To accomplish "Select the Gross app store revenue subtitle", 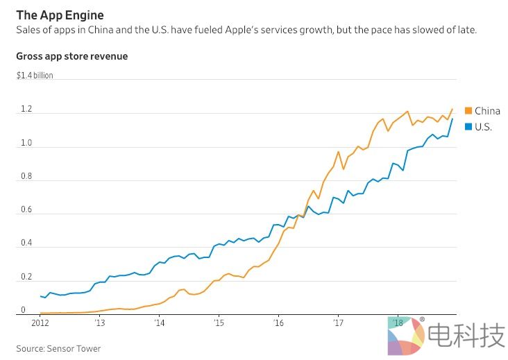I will coord(72,56).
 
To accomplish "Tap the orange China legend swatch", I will coord(468,111).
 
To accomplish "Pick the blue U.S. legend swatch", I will coord(468,127).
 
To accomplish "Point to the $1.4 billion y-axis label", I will coord(35,76).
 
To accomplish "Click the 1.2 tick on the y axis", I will coord(26,110).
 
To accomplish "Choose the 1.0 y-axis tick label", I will coord(26,144).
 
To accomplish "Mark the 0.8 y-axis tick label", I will coord(26,176).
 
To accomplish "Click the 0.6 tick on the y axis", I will coord(26,209).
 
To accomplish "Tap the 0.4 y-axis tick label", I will coord(26,243).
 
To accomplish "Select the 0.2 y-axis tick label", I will coord(26,277).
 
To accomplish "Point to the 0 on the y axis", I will coord(23,310).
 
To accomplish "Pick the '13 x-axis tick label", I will coord(100,323).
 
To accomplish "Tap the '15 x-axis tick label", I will coord(219,323).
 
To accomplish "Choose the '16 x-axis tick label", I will coord(278,323).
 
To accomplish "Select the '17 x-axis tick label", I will coord(338,323).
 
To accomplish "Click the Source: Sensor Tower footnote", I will coord(58,348).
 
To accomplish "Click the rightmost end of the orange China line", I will coord(452,109).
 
